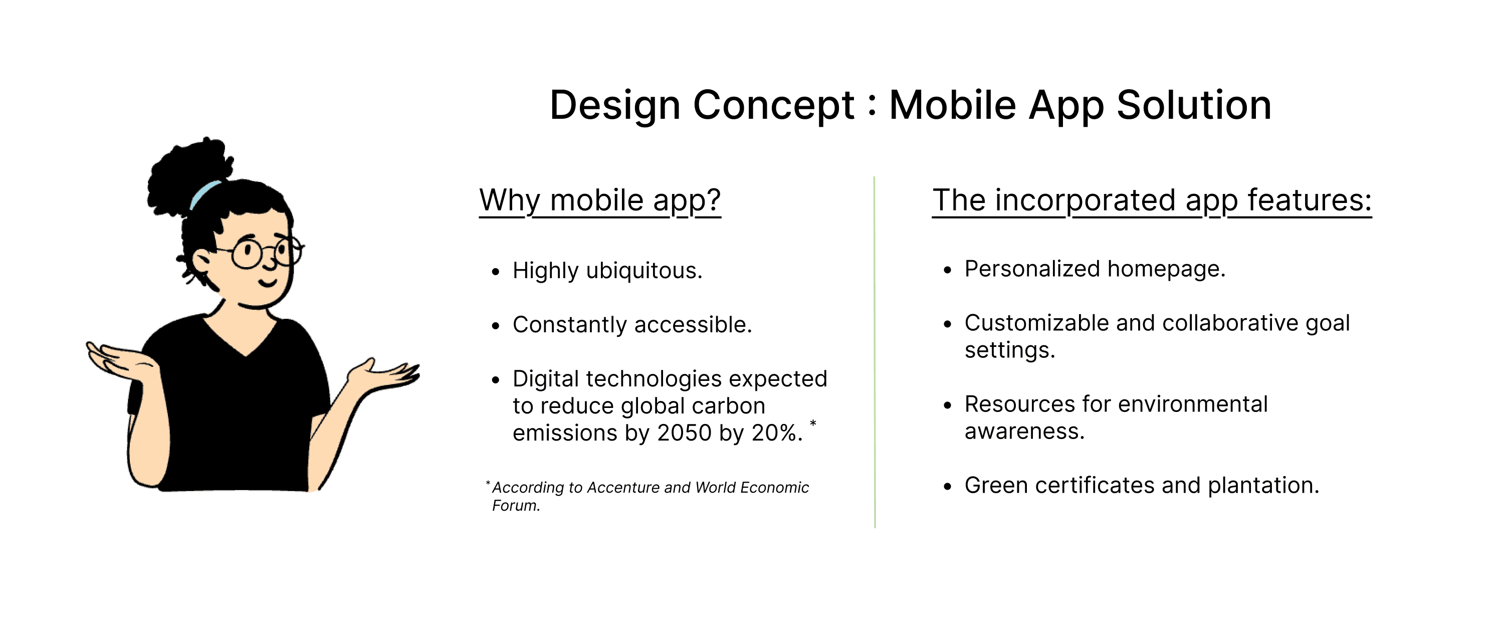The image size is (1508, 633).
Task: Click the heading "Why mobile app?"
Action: pos(600,201)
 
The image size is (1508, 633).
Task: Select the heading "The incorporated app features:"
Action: pos(1152,201)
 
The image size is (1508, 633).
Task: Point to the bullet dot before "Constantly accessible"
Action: pos(496,326)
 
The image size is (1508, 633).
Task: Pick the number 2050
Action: pos(684,434)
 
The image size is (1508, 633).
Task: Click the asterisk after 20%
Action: pos(813,423)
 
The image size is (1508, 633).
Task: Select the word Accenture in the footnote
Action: pos(623,488)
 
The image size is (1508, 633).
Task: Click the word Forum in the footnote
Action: pos(516,506)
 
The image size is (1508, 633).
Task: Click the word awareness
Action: pos(1024,432)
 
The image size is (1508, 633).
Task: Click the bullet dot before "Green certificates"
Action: pos(948,487)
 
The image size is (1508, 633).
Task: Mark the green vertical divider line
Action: pos(875,352)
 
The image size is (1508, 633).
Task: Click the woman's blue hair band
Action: pos(204,194)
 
